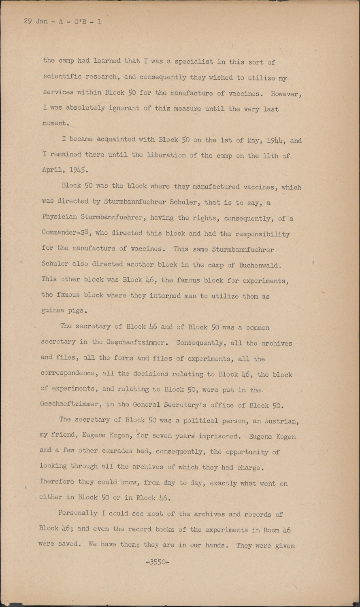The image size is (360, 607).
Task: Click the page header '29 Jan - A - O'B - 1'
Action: [63, 21]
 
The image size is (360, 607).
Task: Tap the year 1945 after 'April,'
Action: [77, 170]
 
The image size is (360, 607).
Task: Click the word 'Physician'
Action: [59, 217]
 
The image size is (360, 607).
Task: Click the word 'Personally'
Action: [78, 513]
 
